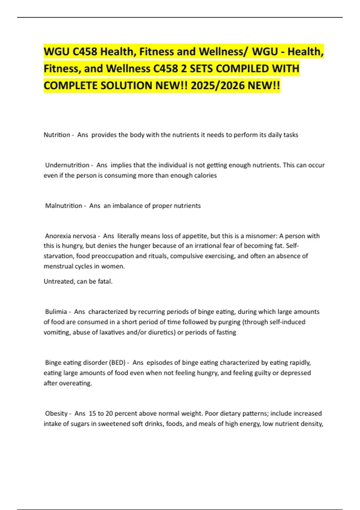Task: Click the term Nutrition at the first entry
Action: pos(57,135)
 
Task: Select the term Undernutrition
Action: pos(67,165)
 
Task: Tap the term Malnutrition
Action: pos(64,206)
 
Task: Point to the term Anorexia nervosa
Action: pos(70,236)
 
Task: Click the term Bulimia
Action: pos(56,312)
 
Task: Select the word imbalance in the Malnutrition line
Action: pos(126,206)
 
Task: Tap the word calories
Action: pos(204,175)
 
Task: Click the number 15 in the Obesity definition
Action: pos(92,414)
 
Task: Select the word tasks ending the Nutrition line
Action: pos(290,135)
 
